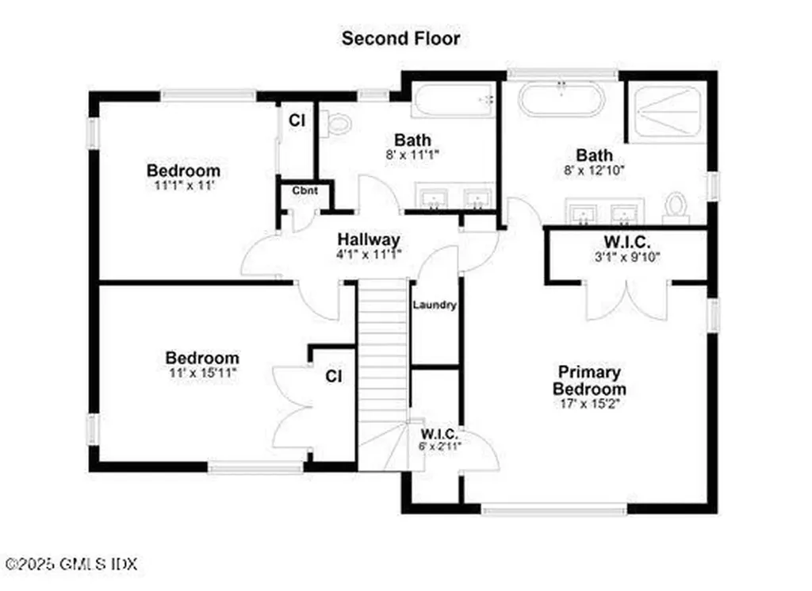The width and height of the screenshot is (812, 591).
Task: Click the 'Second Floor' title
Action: (400, 38)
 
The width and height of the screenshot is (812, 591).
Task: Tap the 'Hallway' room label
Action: (368, 240)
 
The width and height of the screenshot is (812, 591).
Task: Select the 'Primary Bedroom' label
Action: (588, 381)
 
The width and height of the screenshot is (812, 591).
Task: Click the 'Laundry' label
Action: (435, 305)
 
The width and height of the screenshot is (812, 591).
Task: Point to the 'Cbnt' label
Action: (304, 190)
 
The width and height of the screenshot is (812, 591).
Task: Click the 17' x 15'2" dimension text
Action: (588, 404)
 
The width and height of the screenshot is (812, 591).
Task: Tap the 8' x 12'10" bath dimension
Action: (594, 170)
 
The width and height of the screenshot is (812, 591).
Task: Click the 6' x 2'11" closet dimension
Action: (441, 446)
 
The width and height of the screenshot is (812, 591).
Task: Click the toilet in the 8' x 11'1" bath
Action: (339, 122)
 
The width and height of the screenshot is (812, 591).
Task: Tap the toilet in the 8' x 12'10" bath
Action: (676, 205)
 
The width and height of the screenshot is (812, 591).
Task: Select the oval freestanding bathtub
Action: (561, 101)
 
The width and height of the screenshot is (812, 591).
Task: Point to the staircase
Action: (382, 365)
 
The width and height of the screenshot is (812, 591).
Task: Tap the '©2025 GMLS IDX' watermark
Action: (70, 565)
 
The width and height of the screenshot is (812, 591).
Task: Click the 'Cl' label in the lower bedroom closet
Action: (334, 376)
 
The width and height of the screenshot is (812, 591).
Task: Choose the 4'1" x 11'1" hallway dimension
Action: (368, 255)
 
